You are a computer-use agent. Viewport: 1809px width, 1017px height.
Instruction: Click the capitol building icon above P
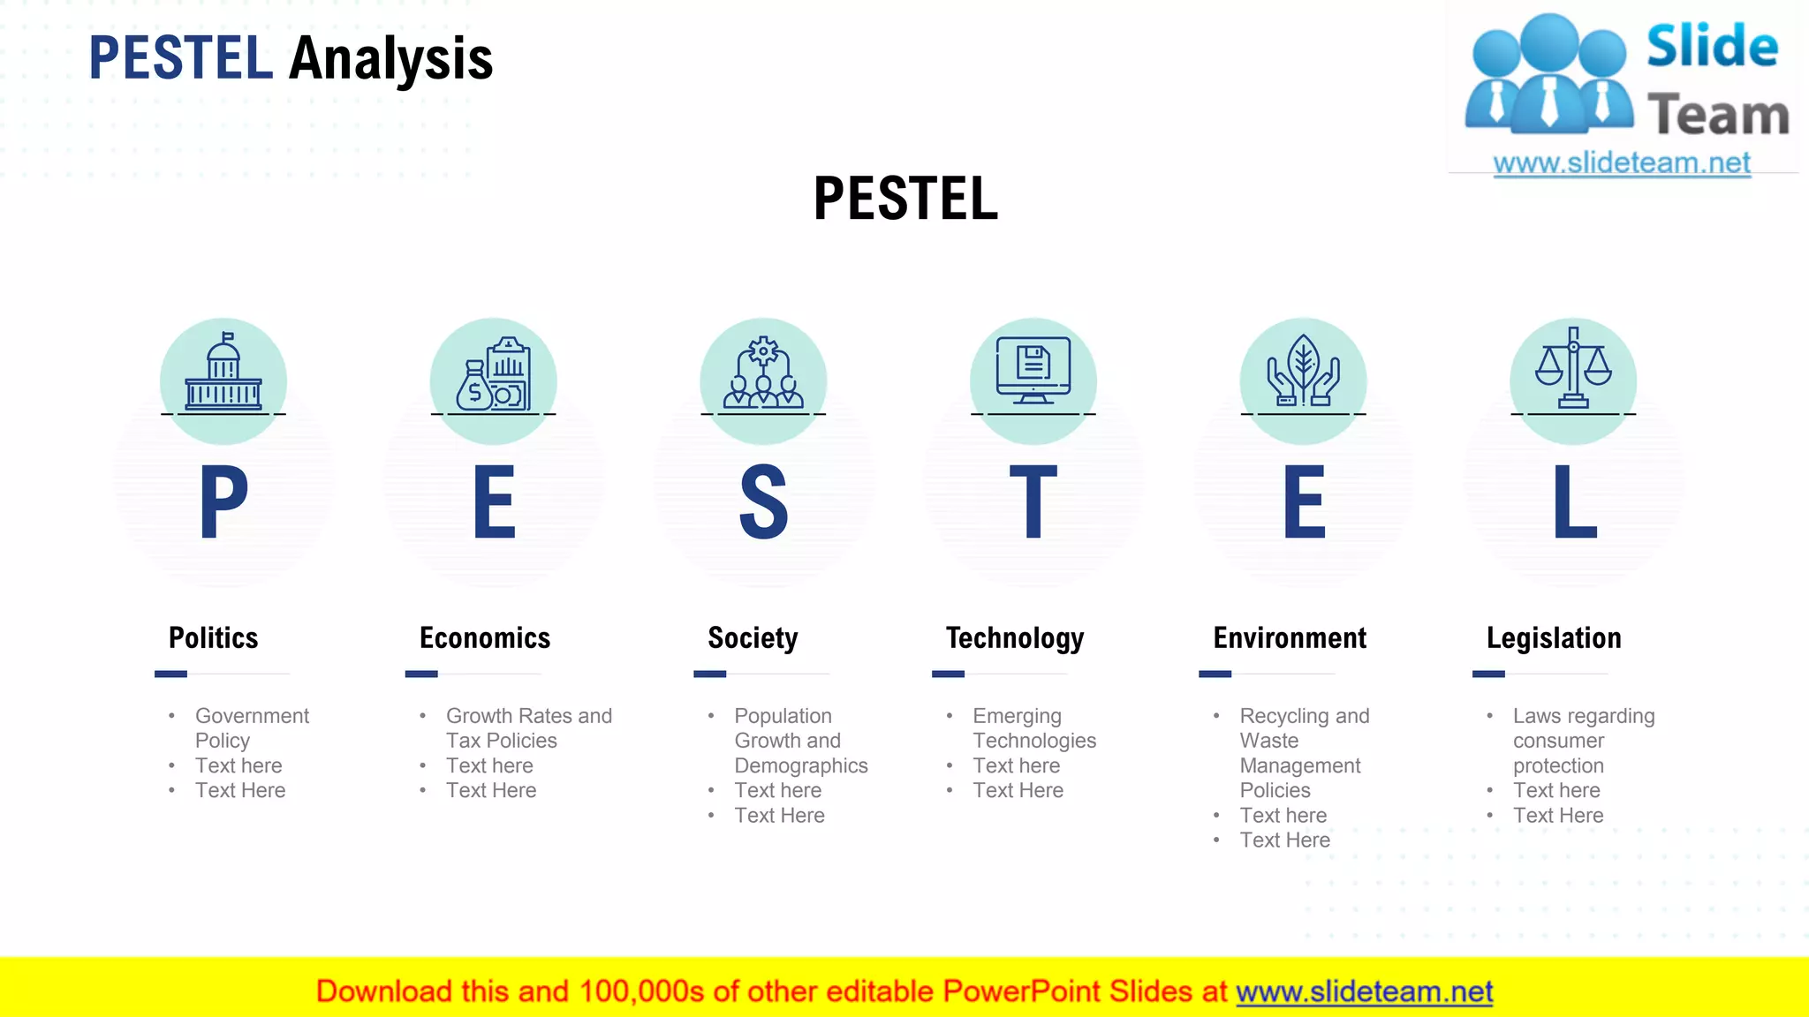coord(223,373)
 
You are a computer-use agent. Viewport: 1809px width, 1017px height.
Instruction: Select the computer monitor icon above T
coord(1033,369)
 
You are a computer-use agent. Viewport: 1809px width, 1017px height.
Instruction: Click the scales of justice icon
coord(1573,369)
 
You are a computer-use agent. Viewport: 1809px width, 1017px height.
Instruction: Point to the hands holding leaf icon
coord(1303,371)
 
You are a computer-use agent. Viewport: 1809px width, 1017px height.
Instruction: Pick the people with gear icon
coord(763,373)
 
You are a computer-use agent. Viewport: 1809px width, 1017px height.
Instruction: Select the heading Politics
coord(213,637)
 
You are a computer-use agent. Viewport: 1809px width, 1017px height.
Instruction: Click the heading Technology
coord(1015,637)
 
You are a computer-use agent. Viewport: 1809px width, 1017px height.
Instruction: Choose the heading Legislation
coord(1554,637)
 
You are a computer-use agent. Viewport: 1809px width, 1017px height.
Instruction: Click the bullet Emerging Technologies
coord(1033,728)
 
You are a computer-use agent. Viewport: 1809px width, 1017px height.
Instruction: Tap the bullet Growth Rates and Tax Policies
coord(528,728)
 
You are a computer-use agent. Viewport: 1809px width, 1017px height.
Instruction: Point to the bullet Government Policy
coord(252,728)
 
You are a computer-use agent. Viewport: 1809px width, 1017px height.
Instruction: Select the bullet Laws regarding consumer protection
coord(1583,741)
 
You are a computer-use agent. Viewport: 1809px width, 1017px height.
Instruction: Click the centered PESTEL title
coord(905,199)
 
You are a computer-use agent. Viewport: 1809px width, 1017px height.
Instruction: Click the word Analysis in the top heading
coord(390,58)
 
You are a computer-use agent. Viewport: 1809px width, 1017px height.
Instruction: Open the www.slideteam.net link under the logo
coord(1622,163)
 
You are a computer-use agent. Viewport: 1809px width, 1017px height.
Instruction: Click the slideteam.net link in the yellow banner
coord(1364,991)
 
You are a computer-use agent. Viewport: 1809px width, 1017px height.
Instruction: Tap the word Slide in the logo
coord(1712,46)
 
